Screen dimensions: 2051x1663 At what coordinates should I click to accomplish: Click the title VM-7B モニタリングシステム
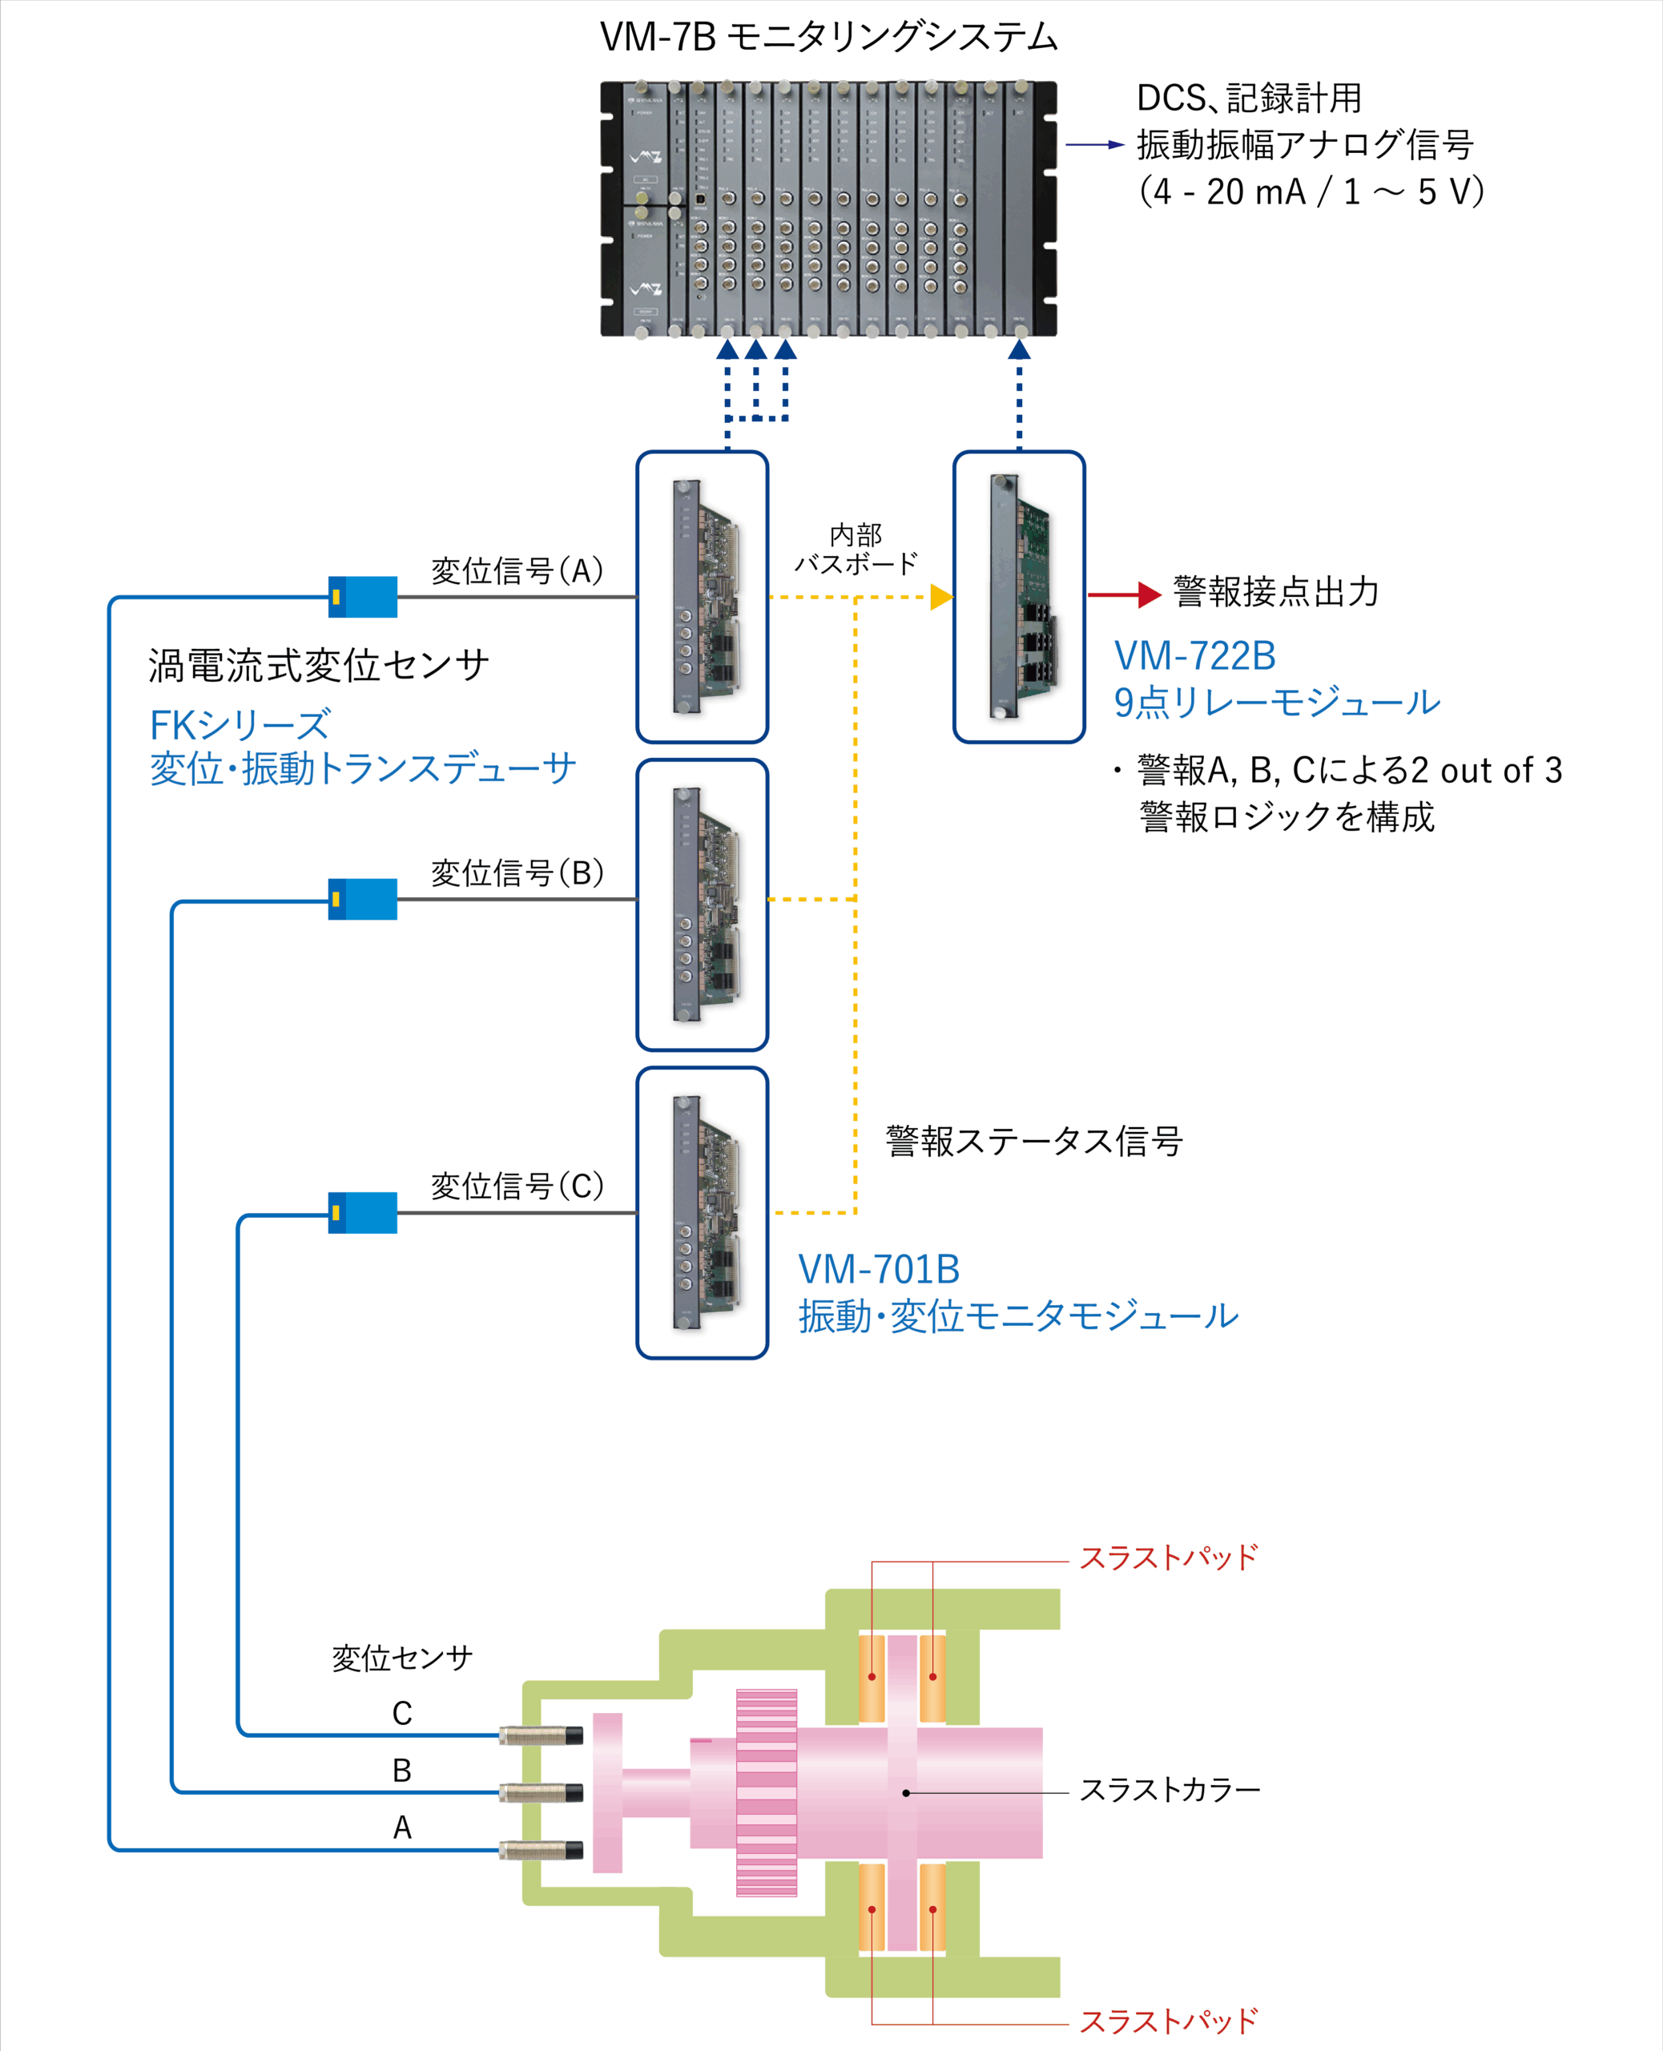pos(828,36)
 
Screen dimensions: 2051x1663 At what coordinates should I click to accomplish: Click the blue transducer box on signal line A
pos(362,597)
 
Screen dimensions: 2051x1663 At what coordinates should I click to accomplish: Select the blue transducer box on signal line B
pos(362,899)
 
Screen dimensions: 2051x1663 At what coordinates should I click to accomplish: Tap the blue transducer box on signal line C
pos(362,1212)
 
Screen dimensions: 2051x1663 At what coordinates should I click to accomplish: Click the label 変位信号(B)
pos(517,872)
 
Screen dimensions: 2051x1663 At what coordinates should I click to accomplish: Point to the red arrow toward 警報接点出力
pos(1124,595)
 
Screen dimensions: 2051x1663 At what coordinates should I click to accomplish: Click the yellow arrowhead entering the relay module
pos(940,597)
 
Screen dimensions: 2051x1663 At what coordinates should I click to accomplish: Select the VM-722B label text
pos(1194,656)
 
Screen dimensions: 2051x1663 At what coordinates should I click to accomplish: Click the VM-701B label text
pos(879,1269)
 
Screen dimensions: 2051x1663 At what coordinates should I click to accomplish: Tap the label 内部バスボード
pos(856,549)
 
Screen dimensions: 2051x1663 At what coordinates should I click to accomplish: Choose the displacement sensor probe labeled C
pos(542,1735)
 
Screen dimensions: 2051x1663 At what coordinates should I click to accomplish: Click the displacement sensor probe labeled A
pos(542,1850)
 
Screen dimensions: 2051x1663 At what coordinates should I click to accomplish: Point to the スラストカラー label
pos(1170,1790)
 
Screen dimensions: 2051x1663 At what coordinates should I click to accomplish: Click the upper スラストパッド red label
pos(1168,1557)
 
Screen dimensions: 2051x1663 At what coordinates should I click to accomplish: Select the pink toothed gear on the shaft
pos(767,1792)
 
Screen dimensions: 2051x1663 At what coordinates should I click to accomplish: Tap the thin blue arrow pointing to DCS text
pos(1095,145)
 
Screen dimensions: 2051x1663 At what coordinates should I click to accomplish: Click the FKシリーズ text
pos(240,725)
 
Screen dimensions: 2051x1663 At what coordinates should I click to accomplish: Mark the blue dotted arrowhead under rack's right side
pos(1019,351)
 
